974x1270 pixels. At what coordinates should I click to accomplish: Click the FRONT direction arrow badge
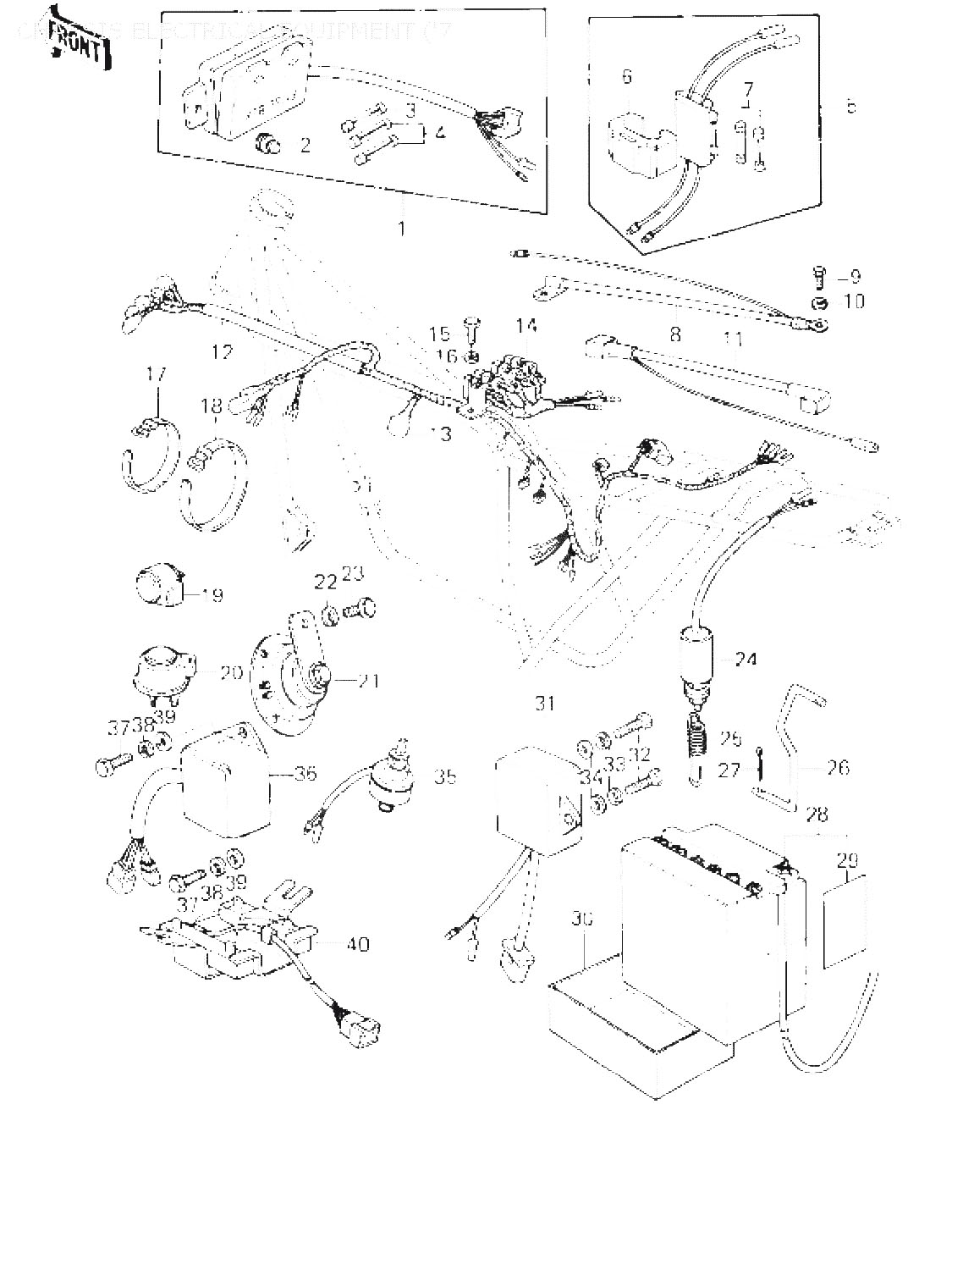coord(79,39)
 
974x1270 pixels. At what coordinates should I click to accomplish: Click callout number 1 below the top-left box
coord(402,228)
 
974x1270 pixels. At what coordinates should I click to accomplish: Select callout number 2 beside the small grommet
coord(305,145)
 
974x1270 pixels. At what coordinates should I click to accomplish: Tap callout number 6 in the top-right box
coord(626,77)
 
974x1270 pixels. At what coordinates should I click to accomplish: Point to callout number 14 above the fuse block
coord(525,325)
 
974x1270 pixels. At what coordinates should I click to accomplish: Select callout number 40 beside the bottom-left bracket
coord(358,943)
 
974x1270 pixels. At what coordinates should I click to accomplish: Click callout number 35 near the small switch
coord(444,776)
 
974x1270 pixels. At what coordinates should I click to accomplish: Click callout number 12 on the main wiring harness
coord(222,351)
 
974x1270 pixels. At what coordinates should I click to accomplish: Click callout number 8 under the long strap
coord(674,334)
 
